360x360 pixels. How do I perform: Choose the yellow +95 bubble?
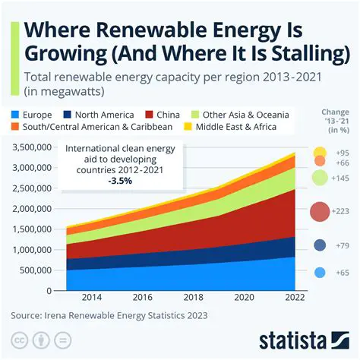(320, 153)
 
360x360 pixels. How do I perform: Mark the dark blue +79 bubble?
(321, 245)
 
